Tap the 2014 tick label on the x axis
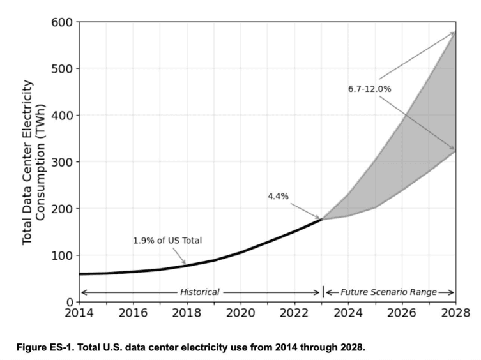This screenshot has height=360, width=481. pos(79,314)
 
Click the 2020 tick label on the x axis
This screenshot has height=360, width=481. pos(240,314)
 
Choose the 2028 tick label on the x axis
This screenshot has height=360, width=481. pos(455,314)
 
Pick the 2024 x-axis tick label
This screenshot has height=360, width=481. pos(347,314)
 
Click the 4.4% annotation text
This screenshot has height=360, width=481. pos(278,196)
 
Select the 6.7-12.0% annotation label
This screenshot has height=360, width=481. pos(369,89)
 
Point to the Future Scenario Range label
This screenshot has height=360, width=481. pos(388,292)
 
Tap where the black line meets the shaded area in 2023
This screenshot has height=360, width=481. pos(321,219)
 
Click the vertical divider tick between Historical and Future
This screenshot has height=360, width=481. pos(323,292)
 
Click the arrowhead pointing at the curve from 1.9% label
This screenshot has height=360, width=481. pos(186,263)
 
